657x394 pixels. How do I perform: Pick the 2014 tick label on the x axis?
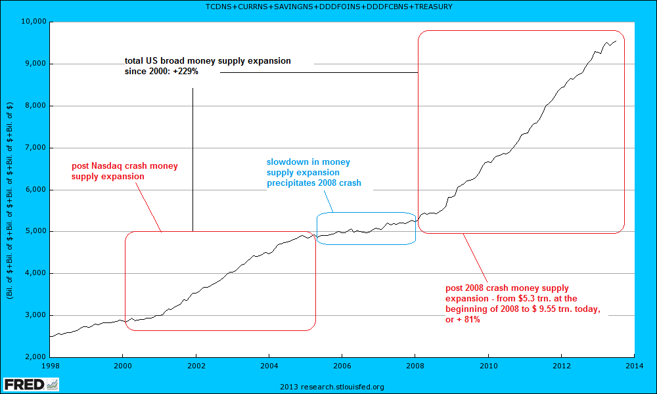point(634,365)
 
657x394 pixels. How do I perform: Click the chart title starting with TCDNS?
point(328,7)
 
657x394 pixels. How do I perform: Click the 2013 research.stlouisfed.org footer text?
point(332,387)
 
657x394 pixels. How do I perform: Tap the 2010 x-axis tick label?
point(487,365)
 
